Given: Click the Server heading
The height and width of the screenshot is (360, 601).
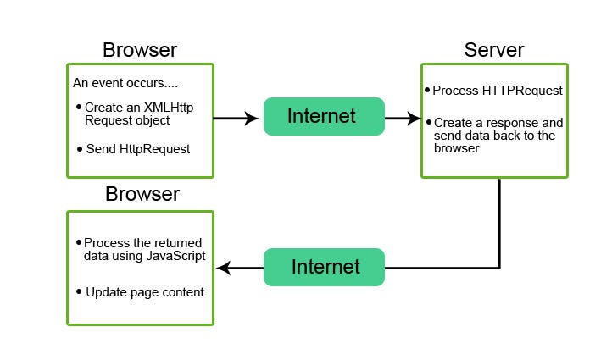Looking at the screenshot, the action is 494,50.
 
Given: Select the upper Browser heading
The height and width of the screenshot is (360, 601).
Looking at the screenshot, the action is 140,50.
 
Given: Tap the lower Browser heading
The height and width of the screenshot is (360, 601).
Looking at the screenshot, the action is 142,194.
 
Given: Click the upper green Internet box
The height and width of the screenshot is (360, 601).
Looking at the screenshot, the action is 324,116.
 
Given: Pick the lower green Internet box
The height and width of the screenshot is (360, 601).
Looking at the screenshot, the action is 324,267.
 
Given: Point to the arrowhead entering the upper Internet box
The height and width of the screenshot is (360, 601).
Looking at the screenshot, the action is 252,119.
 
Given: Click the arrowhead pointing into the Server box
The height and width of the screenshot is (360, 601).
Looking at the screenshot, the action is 414,119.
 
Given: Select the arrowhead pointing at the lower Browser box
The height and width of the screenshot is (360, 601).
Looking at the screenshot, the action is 223,268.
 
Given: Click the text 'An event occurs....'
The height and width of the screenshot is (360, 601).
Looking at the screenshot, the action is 125,83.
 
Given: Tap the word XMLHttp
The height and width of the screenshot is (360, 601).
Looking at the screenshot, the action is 169,108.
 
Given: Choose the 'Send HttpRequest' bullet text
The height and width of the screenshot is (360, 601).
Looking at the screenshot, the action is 138,149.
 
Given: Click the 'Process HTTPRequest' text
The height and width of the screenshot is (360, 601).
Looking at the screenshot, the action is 498,91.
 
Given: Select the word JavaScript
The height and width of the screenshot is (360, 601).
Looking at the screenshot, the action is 175,256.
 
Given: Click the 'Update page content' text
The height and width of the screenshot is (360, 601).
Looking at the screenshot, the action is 145,292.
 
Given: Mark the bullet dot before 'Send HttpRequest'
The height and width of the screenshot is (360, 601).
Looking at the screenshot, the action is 80,149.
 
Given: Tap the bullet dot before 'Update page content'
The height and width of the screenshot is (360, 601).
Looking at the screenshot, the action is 79,292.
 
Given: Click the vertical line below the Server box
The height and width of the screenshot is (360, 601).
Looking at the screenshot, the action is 499,223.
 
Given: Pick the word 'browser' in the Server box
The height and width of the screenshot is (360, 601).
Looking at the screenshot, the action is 457,148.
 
